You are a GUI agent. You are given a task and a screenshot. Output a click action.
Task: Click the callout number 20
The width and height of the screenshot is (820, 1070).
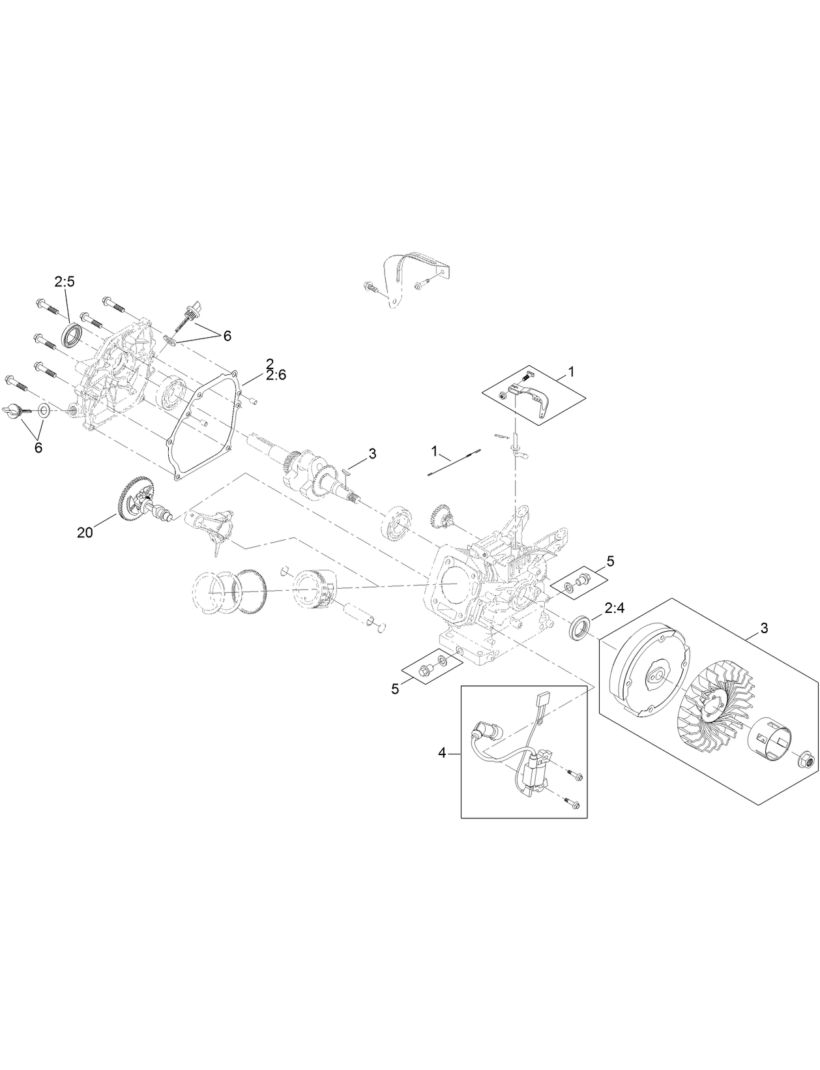(x=85, y=532)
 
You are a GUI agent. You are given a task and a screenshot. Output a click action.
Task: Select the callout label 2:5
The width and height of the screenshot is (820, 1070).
(x=65, y=282)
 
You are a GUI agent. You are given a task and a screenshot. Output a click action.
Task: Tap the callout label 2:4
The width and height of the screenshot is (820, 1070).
(x=614, y=609)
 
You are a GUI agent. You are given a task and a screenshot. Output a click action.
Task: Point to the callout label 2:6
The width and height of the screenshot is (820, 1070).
(x=275, y=375)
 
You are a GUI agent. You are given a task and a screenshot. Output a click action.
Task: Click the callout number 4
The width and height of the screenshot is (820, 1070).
(x=442, y=753)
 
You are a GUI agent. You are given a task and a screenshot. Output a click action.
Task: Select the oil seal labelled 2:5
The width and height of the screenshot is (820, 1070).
(x=72, y=336)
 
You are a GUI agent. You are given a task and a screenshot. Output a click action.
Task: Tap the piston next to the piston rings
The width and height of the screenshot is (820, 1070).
(x=315, y=587)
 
